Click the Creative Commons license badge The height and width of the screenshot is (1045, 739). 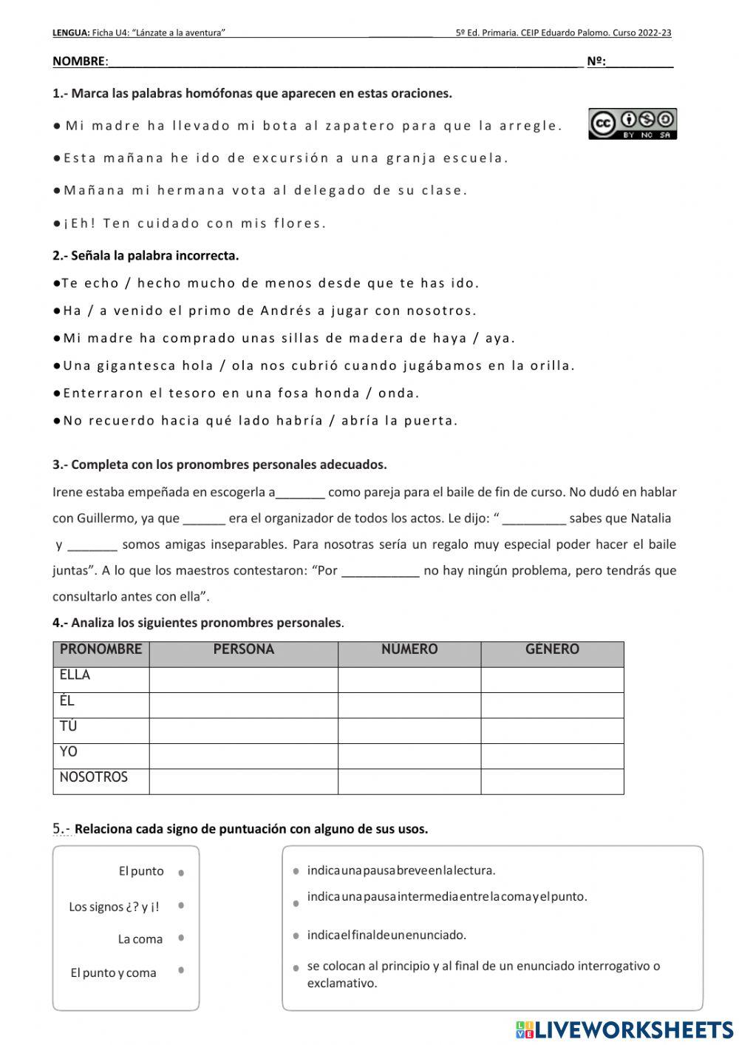pyautogui.click(x=633, y=124)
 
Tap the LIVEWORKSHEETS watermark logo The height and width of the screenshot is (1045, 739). pyautogui.click(x=624, y=1029)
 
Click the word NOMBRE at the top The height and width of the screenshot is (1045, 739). pyautogui.click(x=79, y=61)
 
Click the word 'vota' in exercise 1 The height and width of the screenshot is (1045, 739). pyautogui.click(x=248, y=190)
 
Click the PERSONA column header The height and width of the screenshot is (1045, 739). pyautogui.click(x=243, y=649)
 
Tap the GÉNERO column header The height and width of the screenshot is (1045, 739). pyautogui.click(x=552, y=649)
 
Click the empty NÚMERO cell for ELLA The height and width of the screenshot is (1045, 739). pyautogui.click(x=409, y=679)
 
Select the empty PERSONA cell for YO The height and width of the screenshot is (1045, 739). pyautogui.click(x=243, y=756)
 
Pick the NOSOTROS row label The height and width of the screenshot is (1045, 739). pyautogui.click(x=94, y=777)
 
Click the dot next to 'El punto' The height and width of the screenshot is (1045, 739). pyautogui.click(x=181, y=873)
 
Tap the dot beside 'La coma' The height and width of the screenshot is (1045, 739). pyautogui.click(x=181, y=939)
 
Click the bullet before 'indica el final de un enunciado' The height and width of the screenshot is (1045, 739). pyautogui.click(x=296, y=936)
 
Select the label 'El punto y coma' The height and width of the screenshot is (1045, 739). pyautogui.click(x=113, y=973)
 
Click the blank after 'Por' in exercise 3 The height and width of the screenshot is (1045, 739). pyautogui.click(x=381, y=571)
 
